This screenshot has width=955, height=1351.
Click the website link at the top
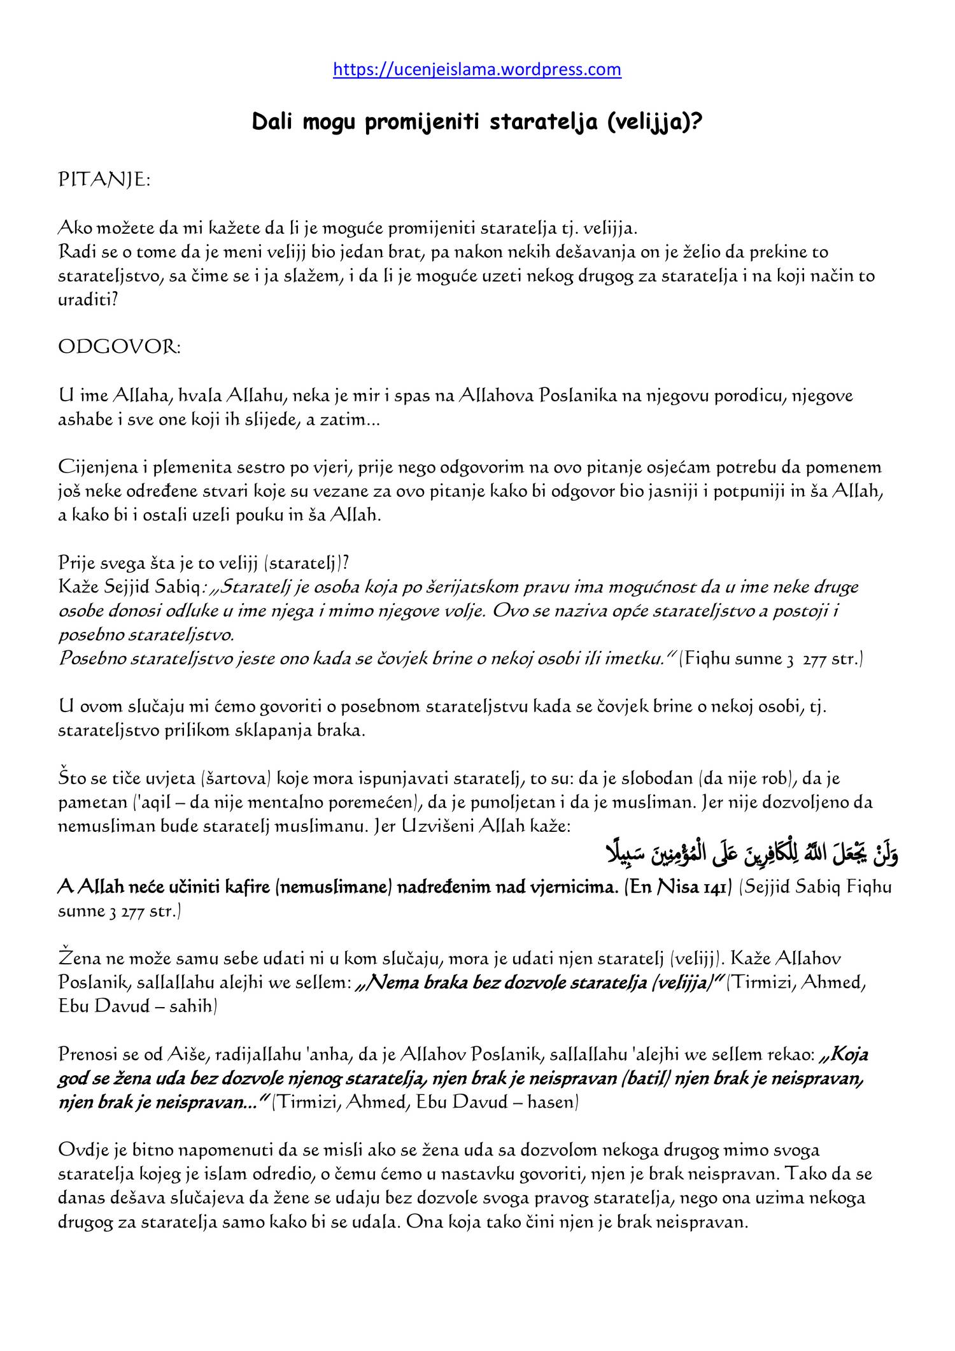point(477,69)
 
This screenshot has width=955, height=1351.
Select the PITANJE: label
point(104,181)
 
